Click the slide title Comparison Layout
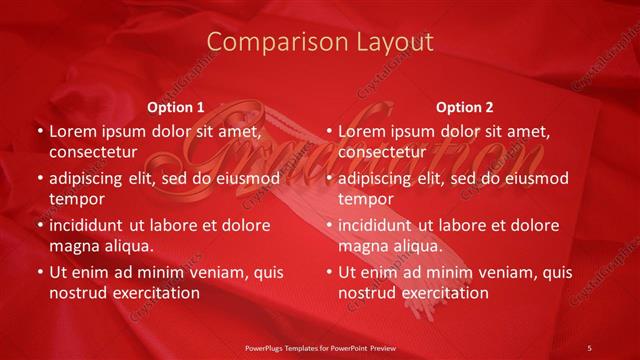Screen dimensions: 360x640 click(320, 41)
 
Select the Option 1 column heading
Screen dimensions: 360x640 click(175, 107)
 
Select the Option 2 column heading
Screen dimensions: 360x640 click(465, 107)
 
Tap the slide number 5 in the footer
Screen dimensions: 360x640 click(589, 348)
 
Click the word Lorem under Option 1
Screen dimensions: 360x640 click(73, 131)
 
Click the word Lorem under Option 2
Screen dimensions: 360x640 click(362, 131)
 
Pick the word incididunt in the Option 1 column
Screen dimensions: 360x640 click(93, 225)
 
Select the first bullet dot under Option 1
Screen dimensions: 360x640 click(39, 131)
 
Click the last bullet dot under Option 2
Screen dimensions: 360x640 click(328, 272)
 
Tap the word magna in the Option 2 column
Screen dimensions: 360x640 click(364, 246)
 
